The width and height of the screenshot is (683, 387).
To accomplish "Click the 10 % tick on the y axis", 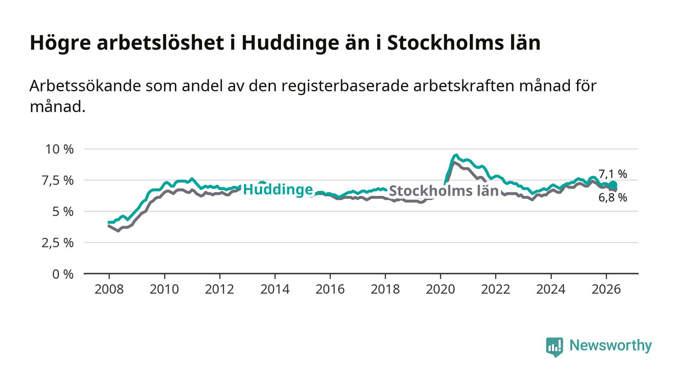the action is (60, 149).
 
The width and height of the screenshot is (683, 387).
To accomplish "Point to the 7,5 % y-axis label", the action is (58, 181).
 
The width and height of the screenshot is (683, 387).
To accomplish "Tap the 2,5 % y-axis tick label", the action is (58, 243).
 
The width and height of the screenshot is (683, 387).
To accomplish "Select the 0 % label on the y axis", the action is (63, 274).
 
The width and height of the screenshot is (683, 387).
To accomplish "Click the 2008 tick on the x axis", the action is (109, 289).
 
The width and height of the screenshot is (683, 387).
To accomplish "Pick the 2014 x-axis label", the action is (275, 289).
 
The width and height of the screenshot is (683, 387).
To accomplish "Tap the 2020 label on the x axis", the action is (441, 289).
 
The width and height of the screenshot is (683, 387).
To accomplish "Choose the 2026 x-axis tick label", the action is (606, 289).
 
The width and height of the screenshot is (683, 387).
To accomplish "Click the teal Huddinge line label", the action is (278, 190).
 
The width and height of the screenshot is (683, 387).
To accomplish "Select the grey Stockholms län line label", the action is (443, 191).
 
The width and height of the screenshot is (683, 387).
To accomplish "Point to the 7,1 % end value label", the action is (613, 174).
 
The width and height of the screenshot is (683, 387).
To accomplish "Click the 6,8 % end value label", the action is (613, 198).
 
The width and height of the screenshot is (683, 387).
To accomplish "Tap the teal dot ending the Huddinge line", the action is (613, 185).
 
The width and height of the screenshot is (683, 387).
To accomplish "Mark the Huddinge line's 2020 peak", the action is (456, 155).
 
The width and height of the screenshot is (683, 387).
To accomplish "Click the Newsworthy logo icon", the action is (555, 347).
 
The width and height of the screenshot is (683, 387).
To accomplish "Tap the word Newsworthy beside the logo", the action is (610, 346).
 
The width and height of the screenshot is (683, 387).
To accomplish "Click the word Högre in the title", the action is (60, 43).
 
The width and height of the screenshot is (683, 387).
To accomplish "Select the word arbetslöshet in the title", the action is (161, 42).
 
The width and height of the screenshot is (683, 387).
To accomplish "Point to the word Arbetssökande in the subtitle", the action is (85, 86).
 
